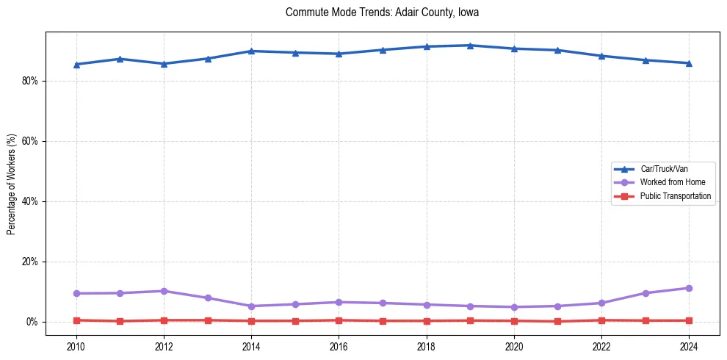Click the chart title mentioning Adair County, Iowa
(382, 12)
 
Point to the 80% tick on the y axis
(29, 81)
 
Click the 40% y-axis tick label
(29, 201)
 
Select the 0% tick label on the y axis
(32, 322)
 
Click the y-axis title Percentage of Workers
(12, 184)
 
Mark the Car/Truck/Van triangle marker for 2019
(470, 46)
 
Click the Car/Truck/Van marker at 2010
(76, 65)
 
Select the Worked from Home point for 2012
(164, 291)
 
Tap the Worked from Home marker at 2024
(689, 288)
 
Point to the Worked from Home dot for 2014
(251, 306)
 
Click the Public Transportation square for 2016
(339, 320)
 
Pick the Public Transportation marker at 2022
(601, 320)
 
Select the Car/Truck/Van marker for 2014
(251, 51)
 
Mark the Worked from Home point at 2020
(514, 307)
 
